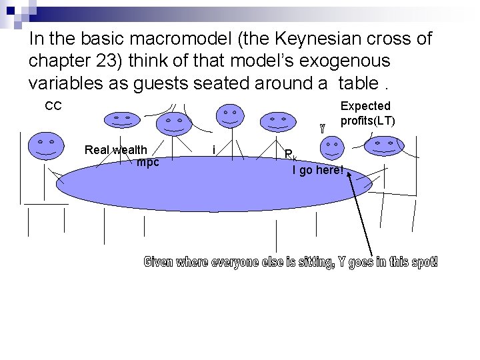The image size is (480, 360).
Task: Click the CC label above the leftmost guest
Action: [x=53, y=105]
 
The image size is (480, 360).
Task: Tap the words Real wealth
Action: [x=116, y=149]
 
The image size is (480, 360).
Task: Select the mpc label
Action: [x=147, y=161]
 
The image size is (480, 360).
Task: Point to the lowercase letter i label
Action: [x=213, y=150]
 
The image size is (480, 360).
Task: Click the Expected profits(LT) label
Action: [x=367, y=113]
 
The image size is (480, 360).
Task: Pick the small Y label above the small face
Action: [x=323, y=127]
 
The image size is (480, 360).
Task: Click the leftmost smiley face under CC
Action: [x=45, y=147]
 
